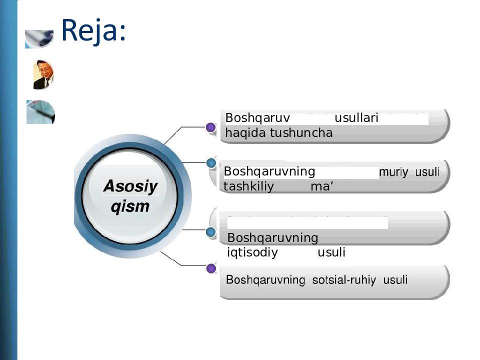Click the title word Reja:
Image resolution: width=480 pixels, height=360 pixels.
(x=92, y=30)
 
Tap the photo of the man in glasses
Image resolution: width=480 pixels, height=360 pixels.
(x=43, y=74)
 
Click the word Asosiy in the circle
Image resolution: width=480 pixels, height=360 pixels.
(x=130, y=187)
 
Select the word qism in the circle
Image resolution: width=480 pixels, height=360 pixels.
(x=130, y=206)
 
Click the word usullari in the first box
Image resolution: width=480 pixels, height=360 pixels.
(x=356, y=118)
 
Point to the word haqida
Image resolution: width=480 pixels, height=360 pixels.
(x=245, y=133)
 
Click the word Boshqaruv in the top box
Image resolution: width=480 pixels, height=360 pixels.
(x=257, y=118)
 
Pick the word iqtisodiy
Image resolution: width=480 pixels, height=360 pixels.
(x=252, y=252)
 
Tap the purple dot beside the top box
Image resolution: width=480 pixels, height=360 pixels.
(x=211, y=128)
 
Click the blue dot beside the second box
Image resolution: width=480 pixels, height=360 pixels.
(x=211, y=163)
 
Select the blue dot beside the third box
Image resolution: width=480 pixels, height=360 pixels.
(x=211, y=232)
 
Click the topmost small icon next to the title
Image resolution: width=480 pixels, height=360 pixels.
(x=39, y=38)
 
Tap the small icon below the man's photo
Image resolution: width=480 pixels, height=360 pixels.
(x=40, y=112)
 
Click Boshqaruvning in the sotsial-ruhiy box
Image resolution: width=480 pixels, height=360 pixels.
(x=265, y=280)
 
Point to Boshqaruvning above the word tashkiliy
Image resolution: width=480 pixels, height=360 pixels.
(x=269, y=171)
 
